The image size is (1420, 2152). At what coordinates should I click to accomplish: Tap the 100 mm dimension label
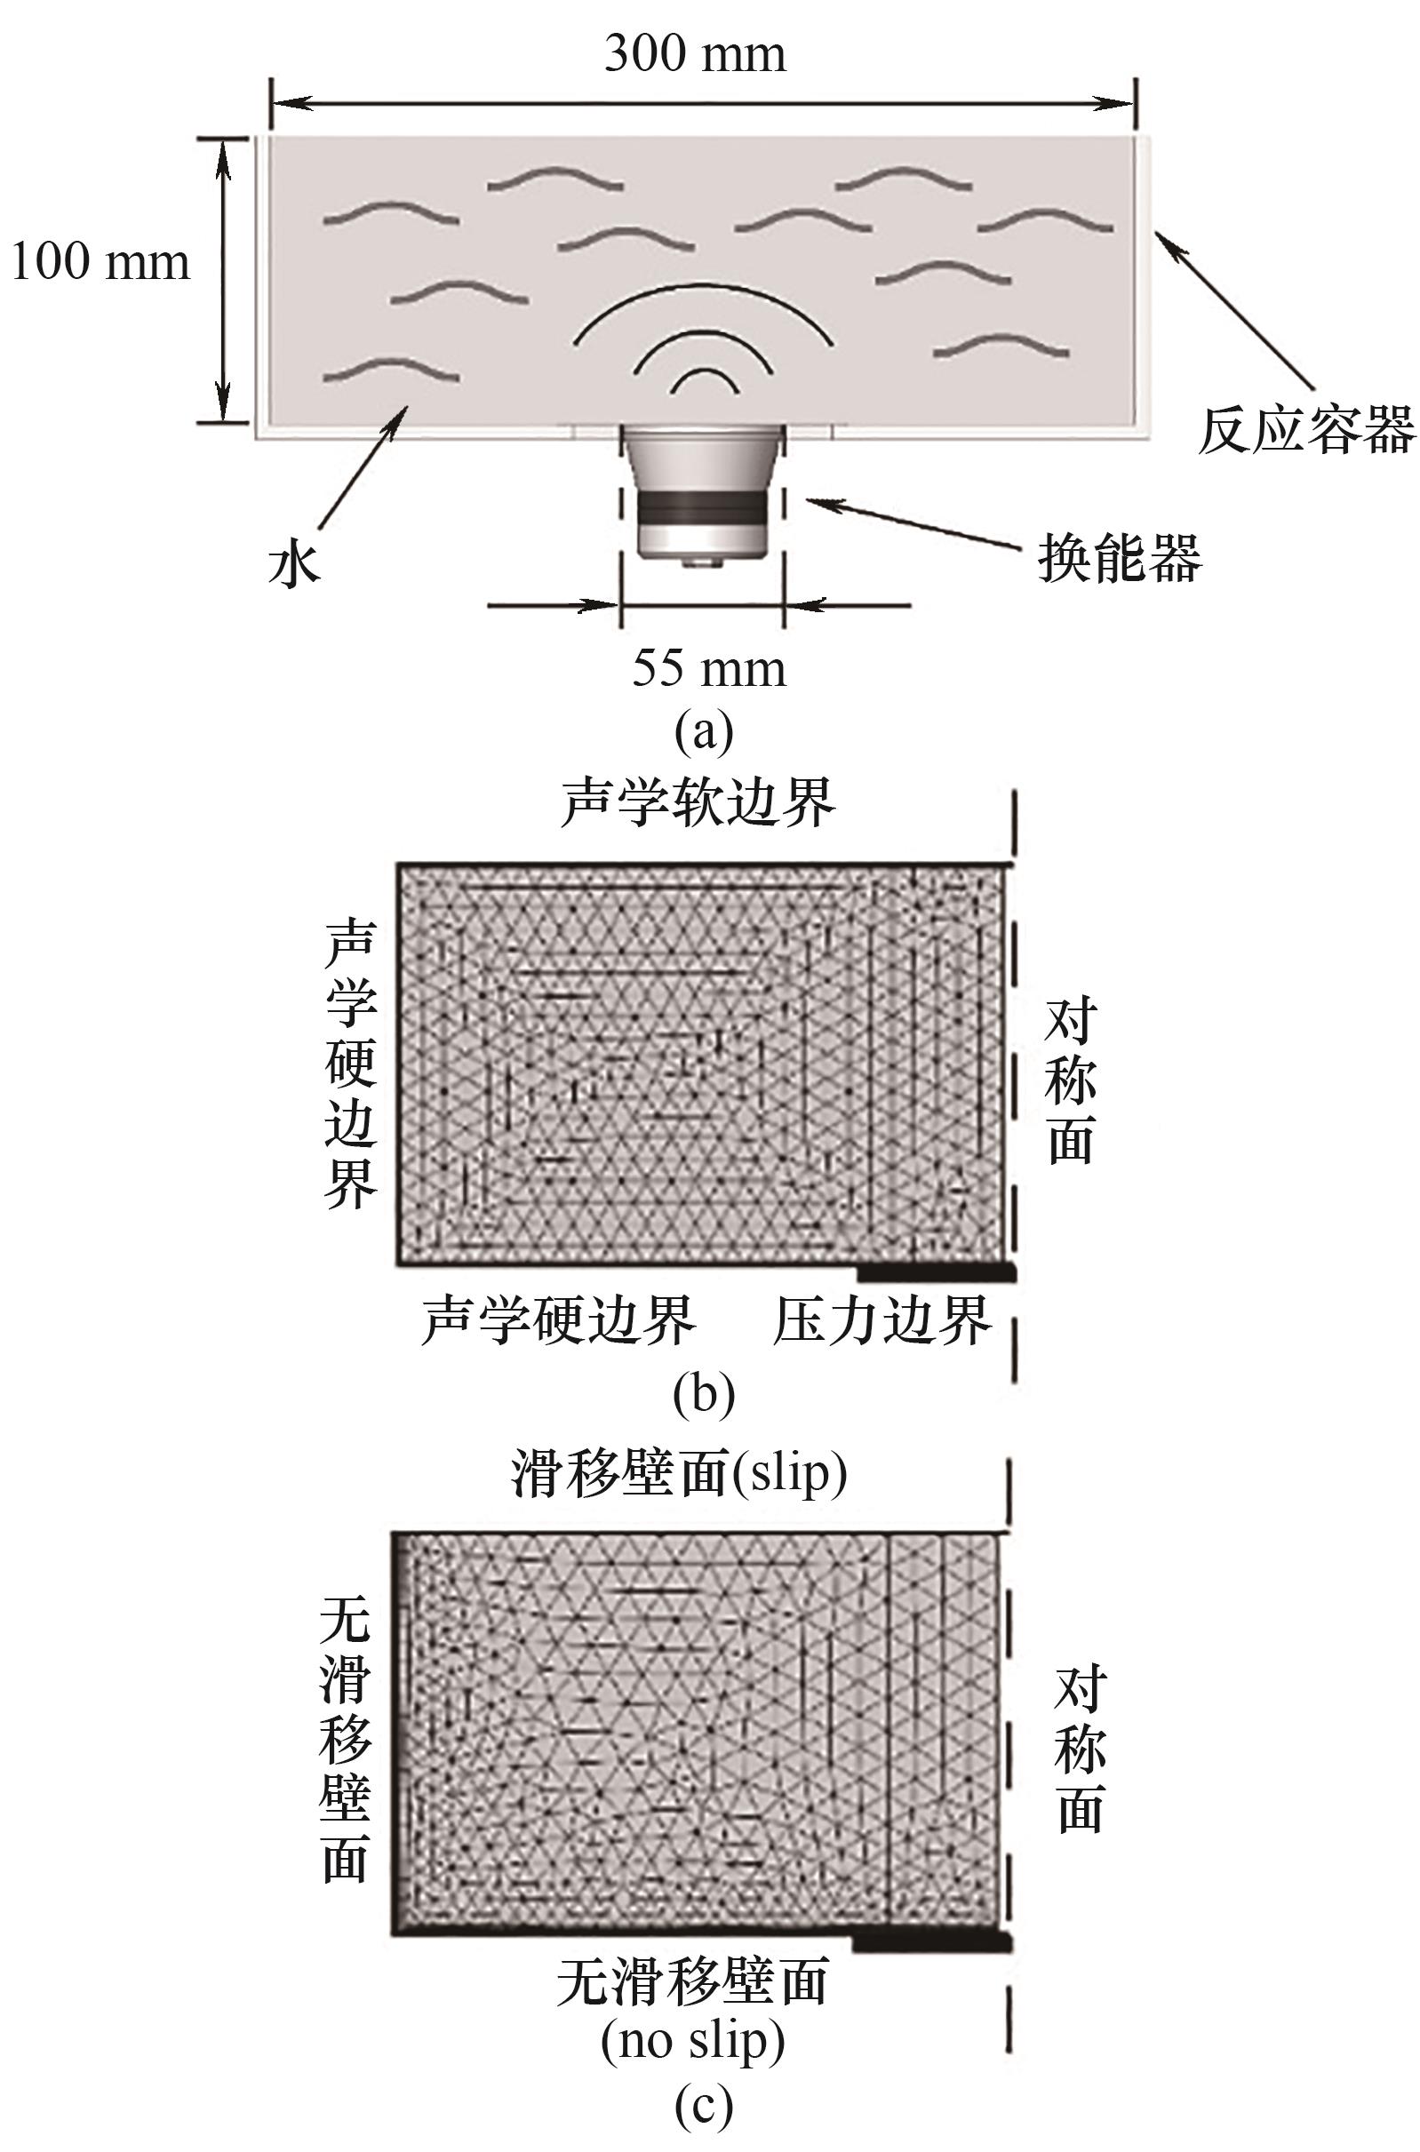[x=100, y=262]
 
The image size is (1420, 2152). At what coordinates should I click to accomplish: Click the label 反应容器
[x=1305, y=430]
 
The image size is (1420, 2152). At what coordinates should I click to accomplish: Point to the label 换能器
[x=1120, y=557]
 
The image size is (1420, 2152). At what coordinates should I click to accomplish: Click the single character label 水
[x=294, y=568]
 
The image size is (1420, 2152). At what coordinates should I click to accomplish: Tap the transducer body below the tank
[x=703, y=493]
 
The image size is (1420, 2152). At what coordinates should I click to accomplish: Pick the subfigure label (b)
[x=704, y=1395]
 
